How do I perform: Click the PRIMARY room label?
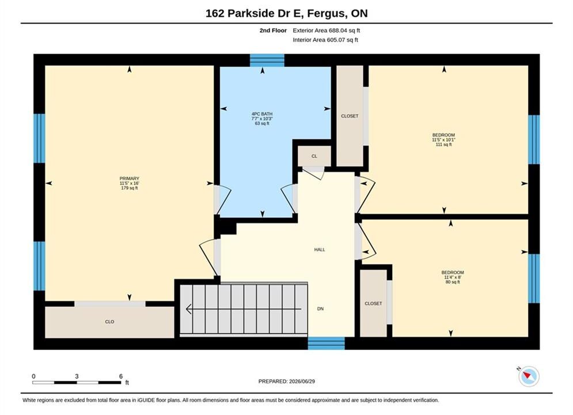130,179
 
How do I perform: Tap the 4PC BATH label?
262,114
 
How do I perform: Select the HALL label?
320,250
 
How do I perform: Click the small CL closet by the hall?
314,156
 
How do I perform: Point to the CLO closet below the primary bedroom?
109,322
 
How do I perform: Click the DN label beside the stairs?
321,309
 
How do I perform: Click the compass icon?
529,376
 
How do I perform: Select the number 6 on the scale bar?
121,376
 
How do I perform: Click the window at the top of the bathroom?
267,61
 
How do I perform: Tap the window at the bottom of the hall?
327,344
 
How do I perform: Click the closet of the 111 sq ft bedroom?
350,116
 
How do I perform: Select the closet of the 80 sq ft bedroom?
374,304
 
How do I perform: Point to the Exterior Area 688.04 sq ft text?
327,31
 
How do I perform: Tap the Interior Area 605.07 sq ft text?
325,40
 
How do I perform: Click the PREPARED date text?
287,382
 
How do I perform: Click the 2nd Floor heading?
273,31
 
